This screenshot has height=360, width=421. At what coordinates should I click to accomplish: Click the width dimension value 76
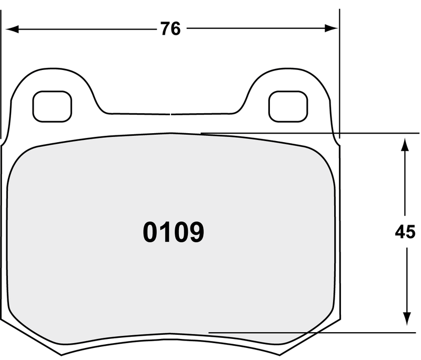click(171, 29)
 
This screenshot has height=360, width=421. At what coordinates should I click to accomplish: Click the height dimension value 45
click(405, 232)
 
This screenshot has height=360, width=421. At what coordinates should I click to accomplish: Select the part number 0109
click(173, 232)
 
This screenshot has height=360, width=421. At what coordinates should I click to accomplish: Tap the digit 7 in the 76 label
click(165, 29)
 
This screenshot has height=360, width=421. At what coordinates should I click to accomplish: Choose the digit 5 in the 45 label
click(410, 232)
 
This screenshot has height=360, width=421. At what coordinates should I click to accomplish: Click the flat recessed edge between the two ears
click(171, 113)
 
